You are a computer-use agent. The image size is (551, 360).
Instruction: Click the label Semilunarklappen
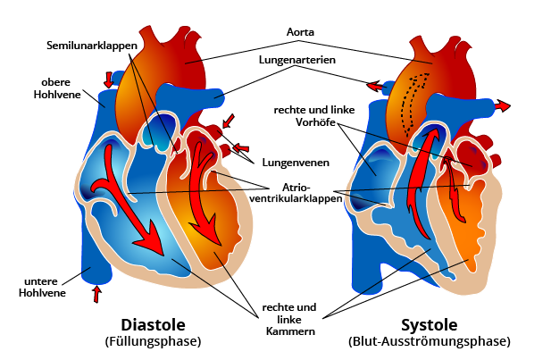pyautogui.click(x=92, y=44)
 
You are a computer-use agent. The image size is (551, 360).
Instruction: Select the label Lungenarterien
pyautogui.click(x=297, y=63)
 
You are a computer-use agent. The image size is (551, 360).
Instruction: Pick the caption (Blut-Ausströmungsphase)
pyautogui.click(x=429, y=341)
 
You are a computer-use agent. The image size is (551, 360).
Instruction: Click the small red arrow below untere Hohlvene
pyautogui.click(x=97, y=293)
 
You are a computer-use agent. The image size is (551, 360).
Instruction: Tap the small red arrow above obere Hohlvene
pyautogui.click(x=109, y=79)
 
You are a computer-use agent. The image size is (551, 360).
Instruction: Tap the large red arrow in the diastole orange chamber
pyautogui.click(x=206, y=201)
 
